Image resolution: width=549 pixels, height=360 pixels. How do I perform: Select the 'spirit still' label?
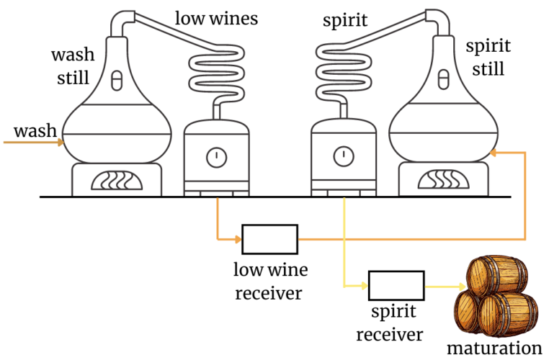pyautogui.click(x=488, y=58)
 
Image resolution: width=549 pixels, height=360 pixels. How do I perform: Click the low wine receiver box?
pyautogui.click(x=269, y=239)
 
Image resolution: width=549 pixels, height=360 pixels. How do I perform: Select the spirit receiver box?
pyautogui.click(x=396, y=286)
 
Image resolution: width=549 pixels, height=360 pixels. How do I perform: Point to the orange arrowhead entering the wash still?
pyautogui.click(x=61, y=143)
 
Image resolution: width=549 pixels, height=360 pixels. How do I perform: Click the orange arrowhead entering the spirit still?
pyautogui.click(x=492, y=152)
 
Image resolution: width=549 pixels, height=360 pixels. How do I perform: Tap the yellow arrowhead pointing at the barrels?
pyautogui.click(x=451, y=287)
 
